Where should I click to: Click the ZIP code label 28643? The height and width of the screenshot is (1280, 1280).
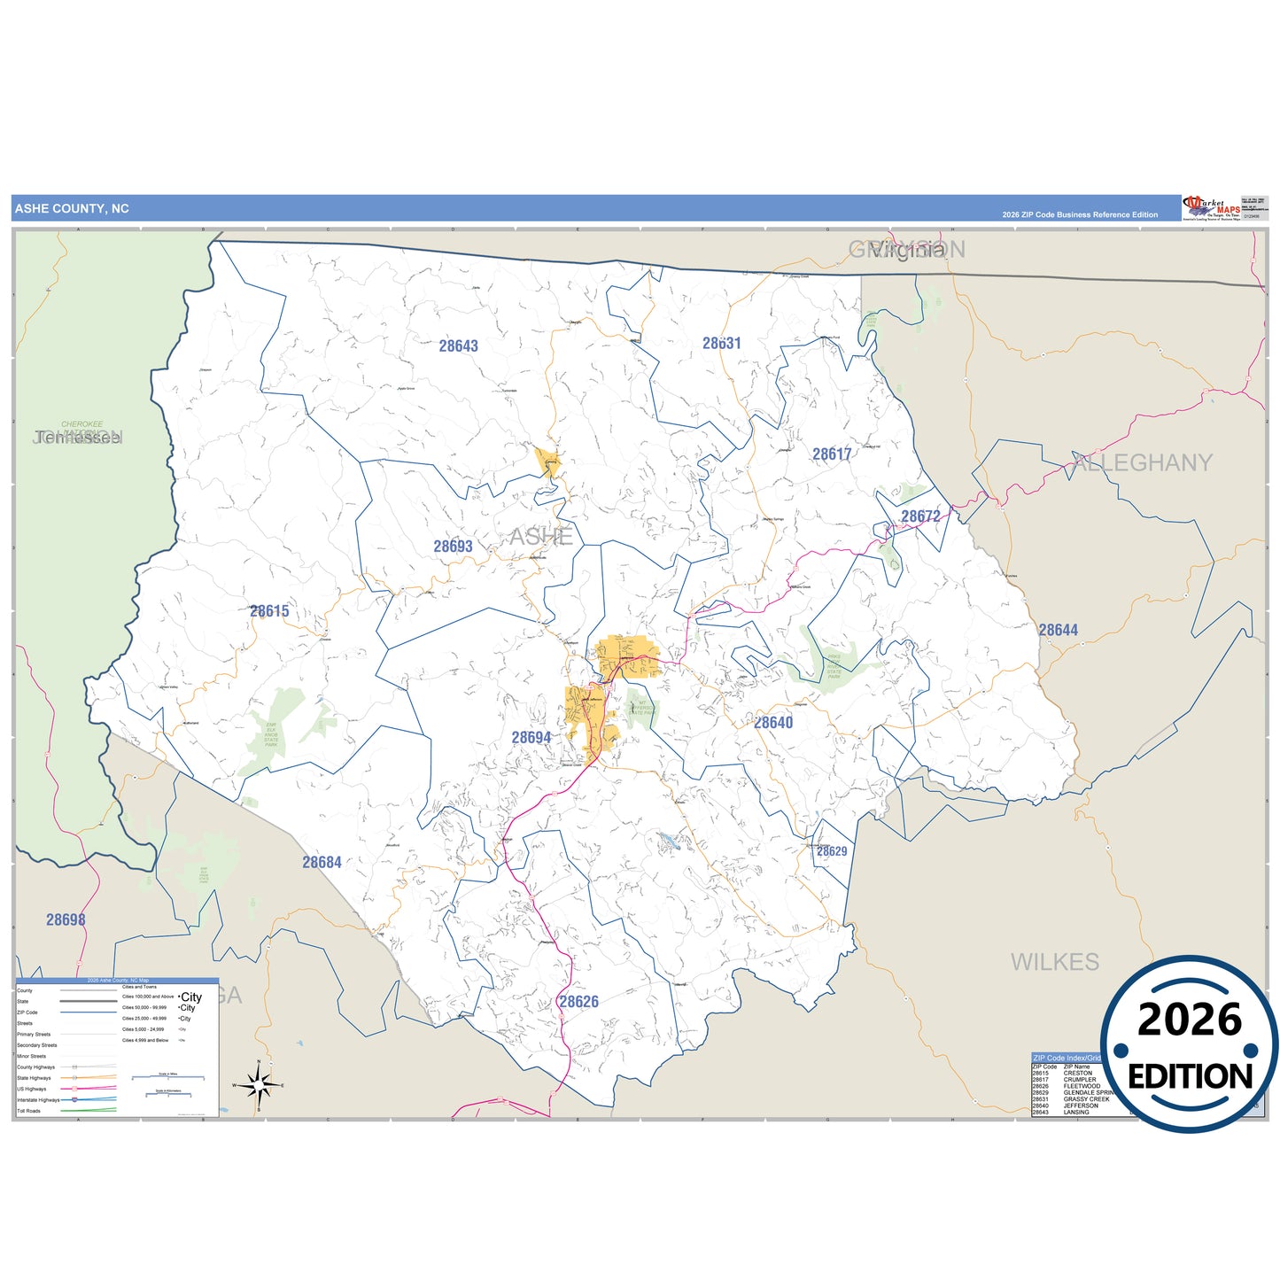click(x=458, y=346)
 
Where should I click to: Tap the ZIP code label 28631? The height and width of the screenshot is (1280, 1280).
click(x=721, y=344)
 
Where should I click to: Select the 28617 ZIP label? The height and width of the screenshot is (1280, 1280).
click(x=832, y=454)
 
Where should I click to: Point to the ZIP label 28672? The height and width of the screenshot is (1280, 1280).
click(x=920, y=516)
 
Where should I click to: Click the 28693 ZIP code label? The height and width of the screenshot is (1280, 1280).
click(x=453, y=547)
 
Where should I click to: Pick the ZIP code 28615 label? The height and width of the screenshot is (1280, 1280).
click(x=269, y=611)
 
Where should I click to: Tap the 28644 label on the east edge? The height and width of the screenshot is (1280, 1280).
click(x=1058, y=630)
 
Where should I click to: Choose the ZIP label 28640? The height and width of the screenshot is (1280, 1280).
click(x=773, y=723)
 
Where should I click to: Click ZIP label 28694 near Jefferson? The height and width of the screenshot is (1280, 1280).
click(x=531, y=737)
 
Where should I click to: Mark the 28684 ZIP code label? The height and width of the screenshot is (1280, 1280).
click(x=322, y=862)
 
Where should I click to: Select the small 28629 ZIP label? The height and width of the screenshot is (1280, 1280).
click(x=831, y=851)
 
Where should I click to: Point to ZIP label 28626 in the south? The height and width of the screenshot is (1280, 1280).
click(x=578, y=1002)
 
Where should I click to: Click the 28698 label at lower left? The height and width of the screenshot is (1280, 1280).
click(x=66, y=919)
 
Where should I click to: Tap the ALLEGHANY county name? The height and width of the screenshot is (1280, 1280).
click(x=1143, y=462)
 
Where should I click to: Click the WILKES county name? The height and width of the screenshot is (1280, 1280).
click(x=1054, y=962)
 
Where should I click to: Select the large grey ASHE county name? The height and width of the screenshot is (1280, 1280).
click(x=540, y=536)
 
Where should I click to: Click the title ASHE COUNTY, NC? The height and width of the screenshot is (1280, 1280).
click(x=72, y=209)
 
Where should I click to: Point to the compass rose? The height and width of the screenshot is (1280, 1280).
click(x=258, y=1084)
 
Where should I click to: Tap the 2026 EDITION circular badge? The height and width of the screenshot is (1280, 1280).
click(x=1189, y=1045)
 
